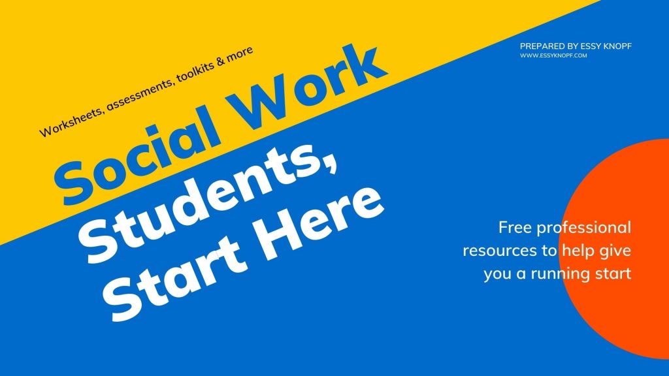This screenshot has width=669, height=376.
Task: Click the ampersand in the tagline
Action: click(221, 61)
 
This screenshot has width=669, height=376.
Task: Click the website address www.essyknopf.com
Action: click(553, 55)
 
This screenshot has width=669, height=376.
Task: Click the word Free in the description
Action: click(515, 227)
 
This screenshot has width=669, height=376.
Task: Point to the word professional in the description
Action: click(583, 228)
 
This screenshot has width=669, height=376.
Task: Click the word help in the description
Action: click(578, 251)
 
